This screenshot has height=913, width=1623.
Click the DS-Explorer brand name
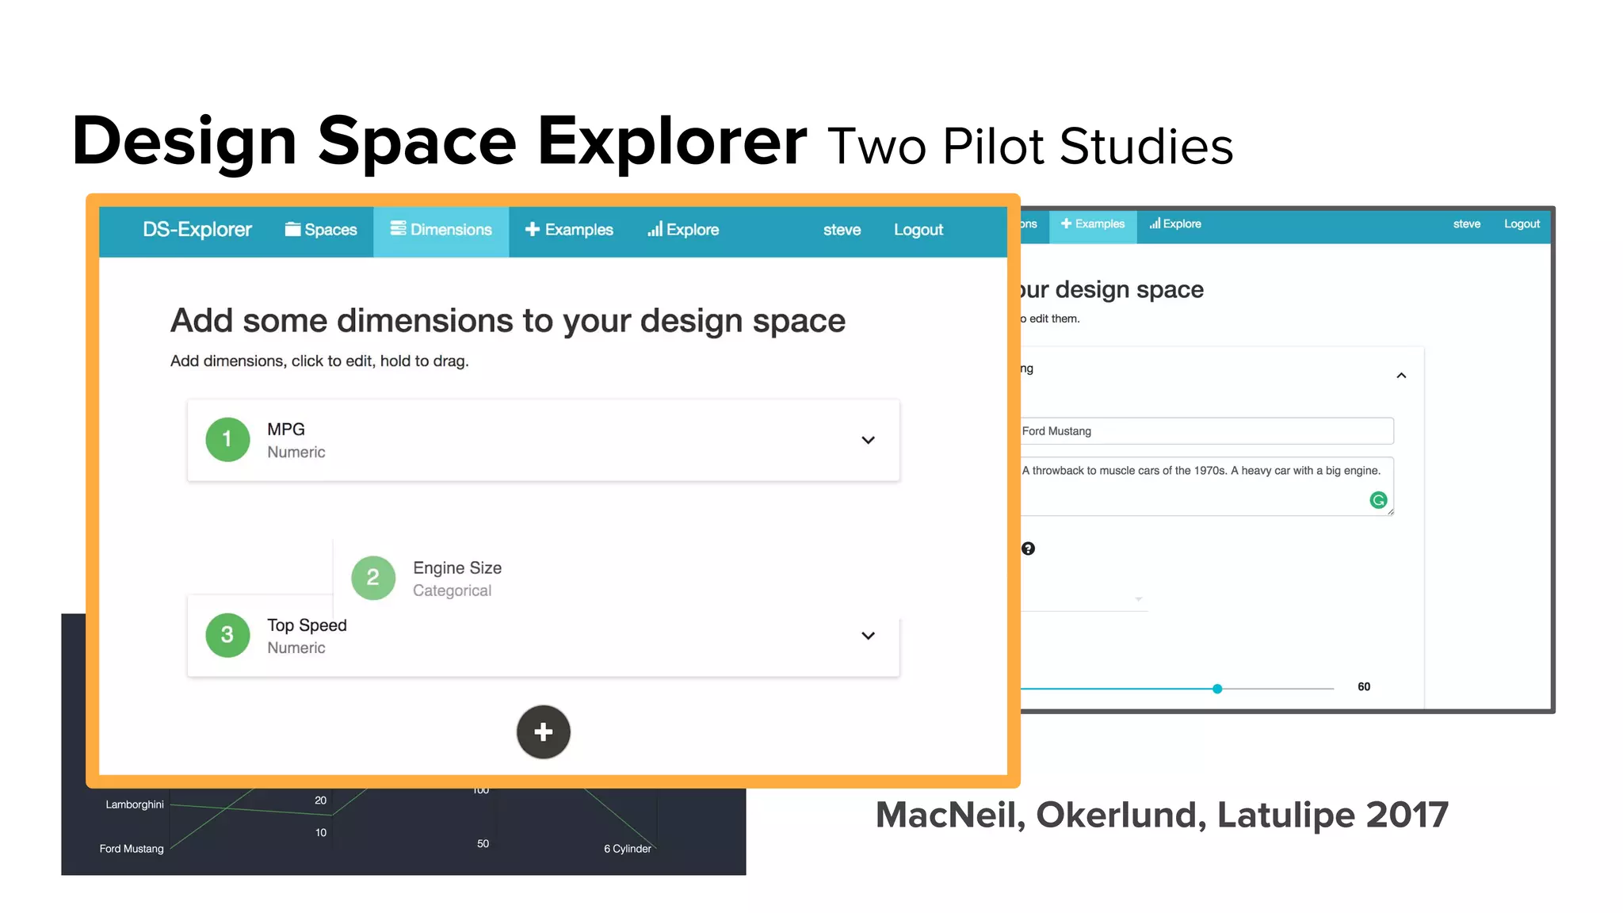click(197, 230)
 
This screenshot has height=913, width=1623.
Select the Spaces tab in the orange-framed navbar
click(321, 230)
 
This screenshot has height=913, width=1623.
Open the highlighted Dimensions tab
click(441, 230)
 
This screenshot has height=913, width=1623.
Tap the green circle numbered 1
click(227, 439)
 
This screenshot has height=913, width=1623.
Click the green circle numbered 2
click(373, 578)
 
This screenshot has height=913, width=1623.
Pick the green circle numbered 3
click(227, 635)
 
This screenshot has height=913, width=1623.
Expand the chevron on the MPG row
click(868, 440)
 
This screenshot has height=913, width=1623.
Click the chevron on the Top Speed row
click(868, 636)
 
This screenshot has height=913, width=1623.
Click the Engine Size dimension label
click(457, 568)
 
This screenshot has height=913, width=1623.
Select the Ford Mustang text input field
click(1205, 431)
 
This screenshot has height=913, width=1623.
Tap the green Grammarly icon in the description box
click(1378, 500)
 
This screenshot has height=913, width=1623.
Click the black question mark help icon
click(1028, 548)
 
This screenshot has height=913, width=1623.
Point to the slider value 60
click(1364, 687)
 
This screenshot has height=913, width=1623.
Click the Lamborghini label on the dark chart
click(135, 804)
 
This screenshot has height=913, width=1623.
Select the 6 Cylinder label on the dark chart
click(627, 849)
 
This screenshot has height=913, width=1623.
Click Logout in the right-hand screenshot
click(1522, 224)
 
